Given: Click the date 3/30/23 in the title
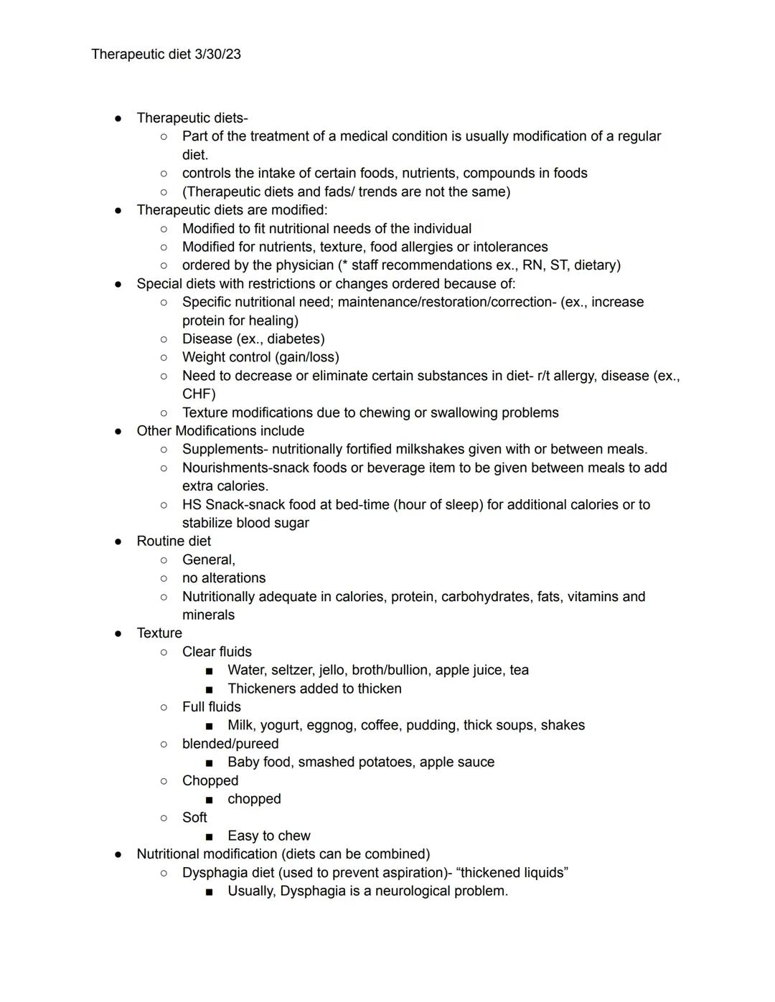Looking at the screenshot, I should pos(217,55).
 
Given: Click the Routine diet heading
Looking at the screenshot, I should pos(174,542).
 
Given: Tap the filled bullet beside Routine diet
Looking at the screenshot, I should pos(118,542).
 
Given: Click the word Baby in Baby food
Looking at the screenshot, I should pos(243,762).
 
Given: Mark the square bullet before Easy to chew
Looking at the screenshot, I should pos(209,836).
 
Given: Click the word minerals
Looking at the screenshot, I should pos(208,615).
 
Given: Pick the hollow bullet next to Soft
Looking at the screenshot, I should pos(164,818).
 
